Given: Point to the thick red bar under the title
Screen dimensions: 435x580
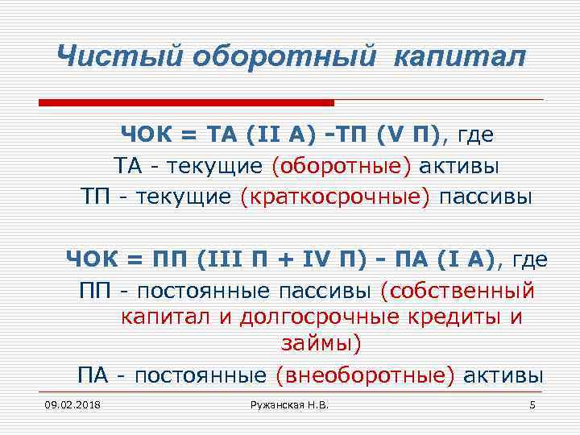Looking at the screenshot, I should pos(186,103).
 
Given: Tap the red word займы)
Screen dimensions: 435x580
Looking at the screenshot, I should pos(321,345).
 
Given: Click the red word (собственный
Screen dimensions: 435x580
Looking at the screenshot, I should pos(458,289).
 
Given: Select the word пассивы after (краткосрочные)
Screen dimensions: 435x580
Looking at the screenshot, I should pos(485,197).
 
